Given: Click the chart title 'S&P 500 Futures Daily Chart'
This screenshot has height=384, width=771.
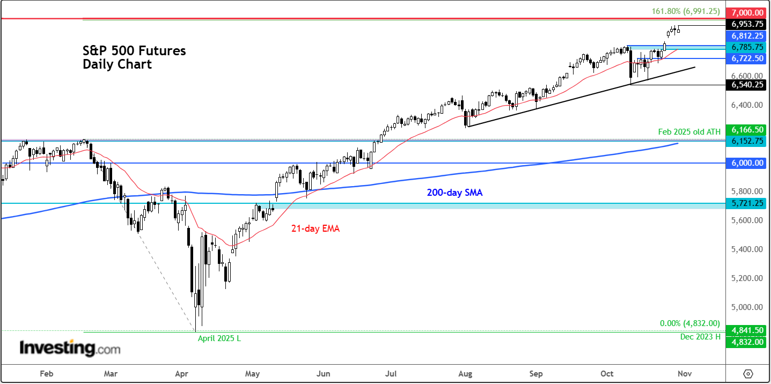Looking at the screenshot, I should (x=134, y=58).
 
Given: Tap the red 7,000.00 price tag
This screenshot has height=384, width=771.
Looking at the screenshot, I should (x=745, y=12).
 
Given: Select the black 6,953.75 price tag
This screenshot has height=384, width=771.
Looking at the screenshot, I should (x=745, y=24).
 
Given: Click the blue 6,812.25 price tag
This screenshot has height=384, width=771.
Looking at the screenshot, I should (x=745, y=35).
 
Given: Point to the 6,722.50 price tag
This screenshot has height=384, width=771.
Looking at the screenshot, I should (x=745, y=58).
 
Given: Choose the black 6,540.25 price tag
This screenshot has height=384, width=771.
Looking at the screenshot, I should (x=745, y=85).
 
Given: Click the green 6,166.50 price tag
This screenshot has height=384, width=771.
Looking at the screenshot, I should (x=745, y=130).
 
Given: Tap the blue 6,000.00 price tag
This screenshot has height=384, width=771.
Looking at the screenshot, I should (x=745, y=163).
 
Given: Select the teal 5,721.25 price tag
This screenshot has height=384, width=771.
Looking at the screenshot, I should (x=745, y=204).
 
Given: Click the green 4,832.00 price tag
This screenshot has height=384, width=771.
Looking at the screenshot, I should (x=745, y=342).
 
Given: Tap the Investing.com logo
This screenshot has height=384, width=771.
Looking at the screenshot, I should (x=70, y=348).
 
